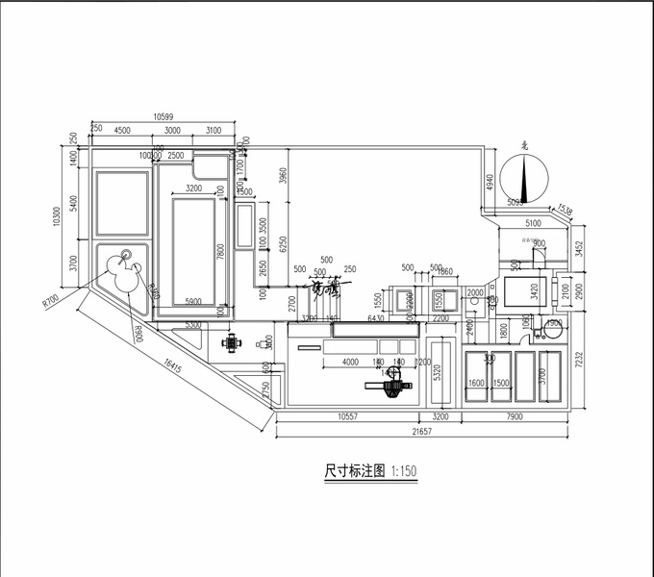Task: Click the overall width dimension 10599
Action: point(170,116)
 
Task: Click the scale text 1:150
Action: point(404,473)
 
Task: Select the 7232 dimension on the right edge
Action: point(578,360)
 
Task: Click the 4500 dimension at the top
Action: point(123,130)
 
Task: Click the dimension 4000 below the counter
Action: point(350,362)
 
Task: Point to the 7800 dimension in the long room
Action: point(221,253)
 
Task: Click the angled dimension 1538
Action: point(565,210)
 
